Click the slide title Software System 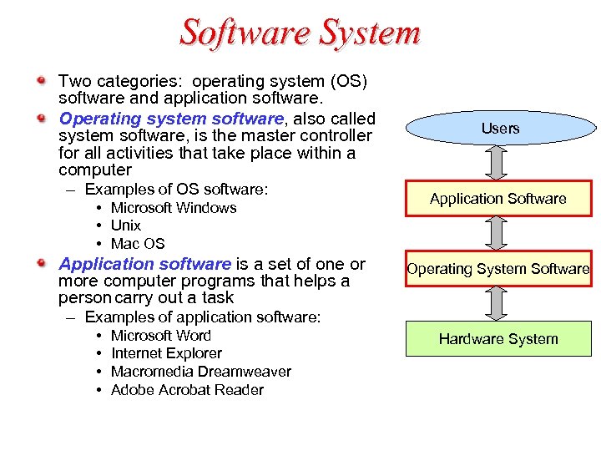pos(300,33)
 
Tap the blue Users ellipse pos(499,128)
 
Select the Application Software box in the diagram pos(498,199)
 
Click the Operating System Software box pos(498,269)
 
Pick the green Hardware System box pos(498,339)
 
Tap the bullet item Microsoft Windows pos(174,208)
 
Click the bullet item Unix pos(126,225)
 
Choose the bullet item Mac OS pos(138,244)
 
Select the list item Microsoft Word pos(161,336)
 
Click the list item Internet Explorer pos(166,353)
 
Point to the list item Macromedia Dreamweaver pos(201,372)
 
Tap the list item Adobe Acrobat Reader pos(187,390)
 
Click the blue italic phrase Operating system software pos(172,119)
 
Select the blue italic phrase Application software pos(144,264)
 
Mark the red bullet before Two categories pos(41,81)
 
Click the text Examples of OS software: pos(176,190)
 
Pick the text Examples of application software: pos(203,317)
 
